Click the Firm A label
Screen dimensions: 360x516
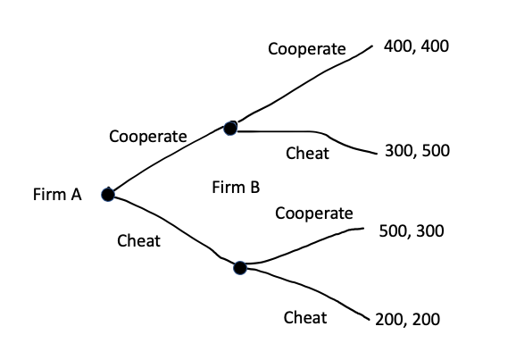[x=56, y=195]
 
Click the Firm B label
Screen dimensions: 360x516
[x=237, y=188]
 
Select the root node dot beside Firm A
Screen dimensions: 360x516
[x=108, y=194]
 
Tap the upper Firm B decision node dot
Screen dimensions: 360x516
[x=230, y=129]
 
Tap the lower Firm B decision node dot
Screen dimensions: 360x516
[x=239, y=267]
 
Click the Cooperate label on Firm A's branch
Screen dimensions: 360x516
[x=148, y=137]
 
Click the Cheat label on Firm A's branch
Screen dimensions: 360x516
[x=138, y=241]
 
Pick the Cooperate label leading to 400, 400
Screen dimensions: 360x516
[x=306, y=49]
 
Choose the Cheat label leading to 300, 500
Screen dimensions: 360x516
[x=307, y=154]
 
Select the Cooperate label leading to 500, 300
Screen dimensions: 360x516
[x=314, y=213]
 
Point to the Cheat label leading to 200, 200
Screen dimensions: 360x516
[x=304, y=317]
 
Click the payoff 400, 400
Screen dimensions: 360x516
[x=416, y=46]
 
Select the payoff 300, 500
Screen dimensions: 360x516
[x=417, y=150]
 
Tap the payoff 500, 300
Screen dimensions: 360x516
[x=412, y=230]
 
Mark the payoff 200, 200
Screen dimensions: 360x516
[x=407, y=320]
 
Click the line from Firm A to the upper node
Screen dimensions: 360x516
[x=170, y=158]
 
